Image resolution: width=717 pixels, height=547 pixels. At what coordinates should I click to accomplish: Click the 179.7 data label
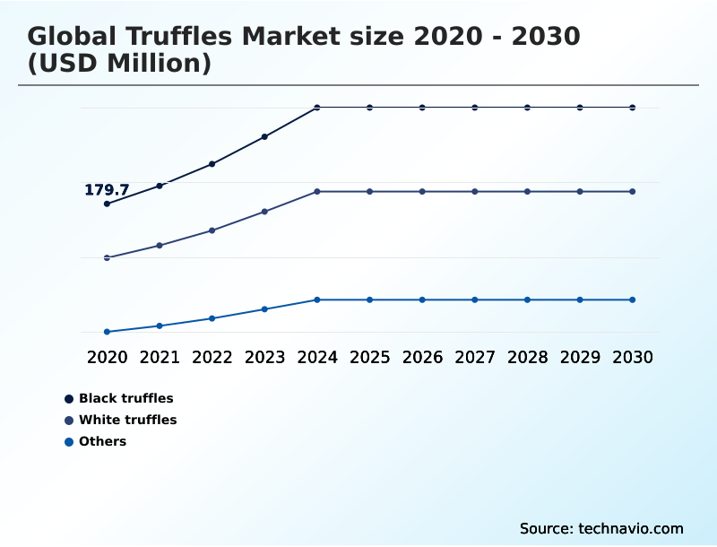[107, 190]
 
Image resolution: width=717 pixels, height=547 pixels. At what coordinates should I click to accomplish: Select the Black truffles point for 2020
[107, 204]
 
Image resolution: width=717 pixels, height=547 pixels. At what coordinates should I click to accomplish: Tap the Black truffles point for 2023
[264, 137]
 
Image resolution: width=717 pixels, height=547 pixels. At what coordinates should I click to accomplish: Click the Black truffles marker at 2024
[317, 108]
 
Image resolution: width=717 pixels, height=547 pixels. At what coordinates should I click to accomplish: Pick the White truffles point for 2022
[212, 230]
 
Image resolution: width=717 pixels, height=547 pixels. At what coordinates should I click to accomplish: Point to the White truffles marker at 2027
[475, 192]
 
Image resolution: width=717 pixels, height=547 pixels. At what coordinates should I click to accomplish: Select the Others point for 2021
[160, 326]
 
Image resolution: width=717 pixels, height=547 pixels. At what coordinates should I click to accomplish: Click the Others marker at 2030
[633, 300]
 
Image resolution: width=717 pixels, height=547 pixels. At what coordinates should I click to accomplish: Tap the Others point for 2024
[317, 300]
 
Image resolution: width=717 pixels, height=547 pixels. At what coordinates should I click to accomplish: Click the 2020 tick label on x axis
[107, 357]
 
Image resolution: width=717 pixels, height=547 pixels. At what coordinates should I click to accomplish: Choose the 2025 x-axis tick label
[369, 357]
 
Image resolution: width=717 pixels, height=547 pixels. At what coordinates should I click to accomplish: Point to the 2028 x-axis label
[527, 357]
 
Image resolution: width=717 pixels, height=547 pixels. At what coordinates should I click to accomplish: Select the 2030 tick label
[633, 357]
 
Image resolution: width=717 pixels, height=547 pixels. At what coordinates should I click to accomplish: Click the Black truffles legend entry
[125, 398]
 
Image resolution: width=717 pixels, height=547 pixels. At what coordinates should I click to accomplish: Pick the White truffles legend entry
[127, 420]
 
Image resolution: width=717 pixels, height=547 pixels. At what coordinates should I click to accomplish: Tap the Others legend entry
[102, 441]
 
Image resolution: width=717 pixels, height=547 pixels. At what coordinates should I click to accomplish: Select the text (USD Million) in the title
[119, 64]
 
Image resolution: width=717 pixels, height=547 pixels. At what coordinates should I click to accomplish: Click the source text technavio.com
[631, 528]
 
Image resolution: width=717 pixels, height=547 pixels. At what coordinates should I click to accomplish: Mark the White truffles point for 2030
[633, 192]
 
